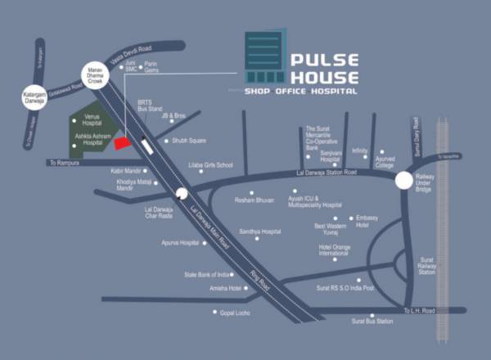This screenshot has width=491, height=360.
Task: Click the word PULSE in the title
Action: click(325, 61)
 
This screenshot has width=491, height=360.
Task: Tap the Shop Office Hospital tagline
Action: click(301, 92)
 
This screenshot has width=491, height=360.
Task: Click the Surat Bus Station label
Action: click(372, 322)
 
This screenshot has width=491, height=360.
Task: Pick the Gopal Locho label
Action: click(236, 313)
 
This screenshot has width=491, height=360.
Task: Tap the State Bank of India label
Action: click(207, 275)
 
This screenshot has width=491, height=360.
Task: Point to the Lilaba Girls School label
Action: click(211, 165)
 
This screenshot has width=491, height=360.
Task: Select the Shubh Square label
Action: click(189, 141)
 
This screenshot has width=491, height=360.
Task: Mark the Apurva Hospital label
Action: click(179, 243)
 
